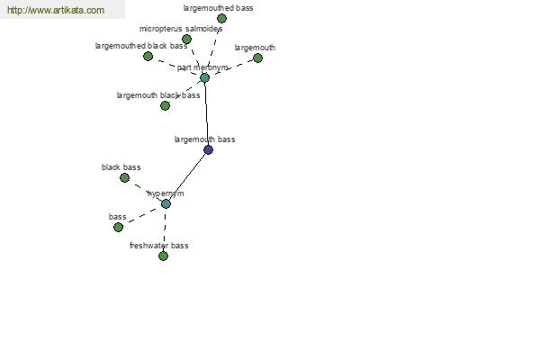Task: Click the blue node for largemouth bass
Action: coord(209,150)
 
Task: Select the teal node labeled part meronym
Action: coord(205,78)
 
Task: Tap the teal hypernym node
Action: coord(166,204)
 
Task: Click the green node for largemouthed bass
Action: coord(221,18)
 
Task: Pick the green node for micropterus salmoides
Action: coord(186,40)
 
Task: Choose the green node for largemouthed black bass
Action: coord(148,56)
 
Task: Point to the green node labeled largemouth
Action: coord(257,58)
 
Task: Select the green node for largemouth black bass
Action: coord(166,106)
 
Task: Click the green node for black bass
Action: coord(125,178)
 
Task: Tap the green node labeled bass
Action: coord(118,228)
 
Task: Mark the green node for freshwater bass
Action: coord(163,256)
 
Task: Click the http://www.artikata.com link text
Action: coord(56,10)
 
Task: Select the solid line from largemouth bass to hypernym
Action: coord(187,177)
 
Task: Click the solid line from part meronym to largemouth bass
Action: coord(207,113)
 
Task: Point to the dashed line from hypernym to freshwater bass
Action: coord(165,229)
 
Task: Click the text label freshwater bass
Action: coord(158,246)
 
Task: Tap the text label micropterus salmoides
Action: coord(181,29)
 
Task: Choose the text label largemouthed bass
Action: coord(218,8)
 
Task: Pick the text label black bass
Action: coord(121,167)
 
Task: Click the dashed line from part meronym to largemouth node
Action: coord(231,68)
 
